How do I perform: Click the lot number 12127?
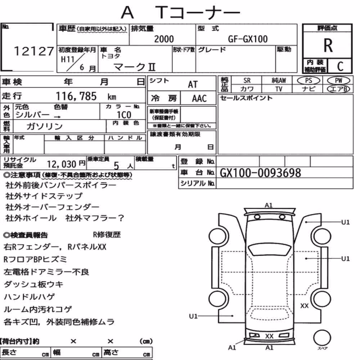[34, 51]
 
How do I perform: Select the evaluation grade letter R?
[328, 45]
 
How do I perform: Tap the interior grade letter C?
[340, 66]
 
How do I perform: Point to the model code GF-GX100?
[248, 39]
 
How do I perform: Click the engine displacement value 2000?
[164, 39]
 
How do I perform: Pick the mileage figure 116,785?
[76, 96]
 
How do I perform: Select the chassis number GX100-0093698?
[260, 173]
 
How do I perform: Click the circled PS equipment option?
[309, 81]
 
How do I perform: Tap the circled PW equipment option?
[338, 81]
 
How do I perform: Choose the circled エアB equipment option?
[338, 89]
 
